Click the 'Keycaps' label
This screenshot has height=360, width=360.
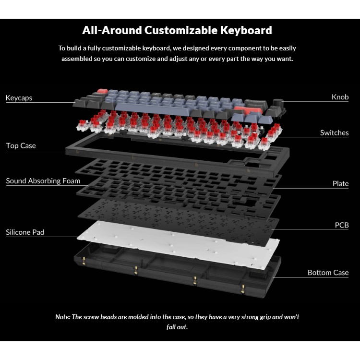19,98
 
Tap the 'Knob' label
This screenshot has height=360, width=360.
340,97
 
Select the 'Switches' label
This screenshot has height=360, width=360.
334,132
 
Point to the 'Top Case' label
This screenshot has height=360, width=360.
21,145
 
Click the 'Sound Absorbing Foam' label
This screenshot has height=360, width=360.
43,181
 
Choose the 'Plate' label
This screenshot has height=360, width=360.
340,183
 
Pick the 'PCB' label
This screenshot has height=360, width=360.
341,225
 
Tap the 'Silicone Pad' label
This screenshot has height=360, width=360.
25,232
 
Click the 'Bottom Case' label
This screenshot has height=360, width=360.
328,273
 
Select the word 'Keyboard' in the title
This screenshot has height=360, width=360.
246,30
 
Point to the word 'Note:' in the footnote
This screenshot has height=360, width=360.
62,317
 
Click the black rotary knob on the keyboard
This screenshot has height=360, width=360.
277,103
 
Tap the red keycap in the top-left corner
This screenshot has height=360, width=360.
102,91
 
